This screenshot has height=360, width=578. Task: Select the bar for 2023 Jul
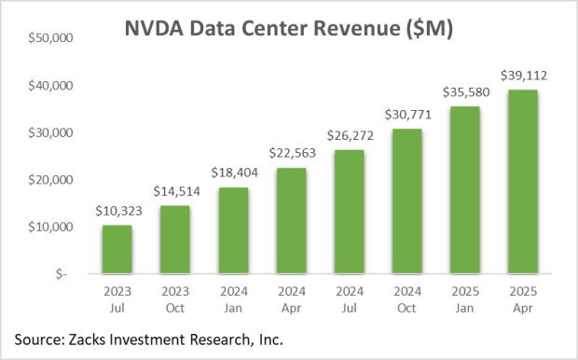[117, 250]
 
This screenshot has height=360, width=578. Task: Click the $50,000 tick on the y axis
[57, 39]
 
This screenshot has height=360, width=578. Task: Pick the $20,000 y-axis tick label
[57, 180]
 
